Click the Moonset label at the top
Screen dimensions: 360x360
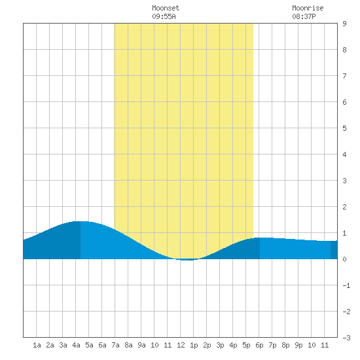click(166, 8)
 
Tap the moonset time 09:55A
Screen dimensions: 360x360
click(164, 16)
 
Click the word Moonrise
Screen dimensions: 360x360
click(308, 8)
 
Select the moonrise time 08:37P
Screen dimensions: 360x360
click(304, 16)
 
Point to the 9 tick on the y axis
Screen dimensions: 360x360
click(344, 24)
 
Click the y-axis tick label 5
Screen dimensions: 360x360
click(344, 128)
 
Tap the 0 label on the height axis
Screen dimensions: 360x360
click(344, 259)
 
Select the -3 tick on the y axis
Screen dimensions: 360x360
click(346, 338)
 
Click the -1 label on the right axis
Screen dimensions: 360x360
click(346, 285)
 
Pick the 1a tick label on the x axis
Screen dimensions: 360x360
click(37, 345)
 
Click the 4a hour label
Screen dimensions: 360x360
click(76, 345)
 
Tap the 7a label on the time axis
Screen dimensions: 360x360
click(115, 345)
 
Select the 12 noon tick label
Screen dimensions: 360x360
click(181, 345)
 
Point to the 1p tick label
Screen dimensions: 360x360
click(194, 345)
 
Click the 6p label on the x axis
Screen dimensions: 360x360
click(259, 345)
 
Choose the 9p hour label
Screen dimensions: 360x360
click(298, 345)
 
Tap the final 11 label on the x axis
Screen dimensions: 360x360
click(325, 345)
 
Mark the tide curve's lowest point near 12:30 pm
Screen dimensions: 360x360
click(187, 260)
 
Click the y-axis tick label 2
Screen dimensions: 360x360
click(344, 207)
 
